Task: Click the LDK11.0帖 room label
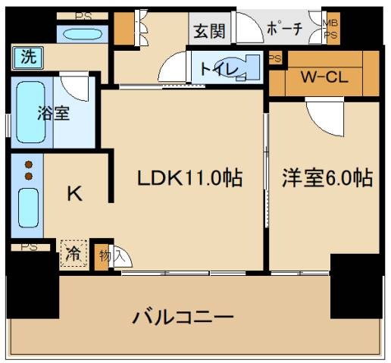point(189,179)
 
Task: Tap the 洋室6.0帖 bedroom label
point(328,179)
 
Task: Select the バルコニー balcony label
point(183,315)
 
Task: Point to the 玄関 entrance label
point(208,31)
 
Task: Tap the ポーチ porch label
point(285,30)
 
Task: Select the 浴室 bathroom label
point(54,114)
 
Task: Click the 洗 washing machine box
point(28,56)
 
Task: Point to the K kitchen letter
point(74,194)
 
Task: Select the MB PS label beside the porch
point(331,29)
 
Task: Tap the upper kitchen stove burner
point(29,164)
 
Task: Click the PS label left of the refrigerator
point(29,246)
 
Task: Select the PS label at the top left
point(84,15)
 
